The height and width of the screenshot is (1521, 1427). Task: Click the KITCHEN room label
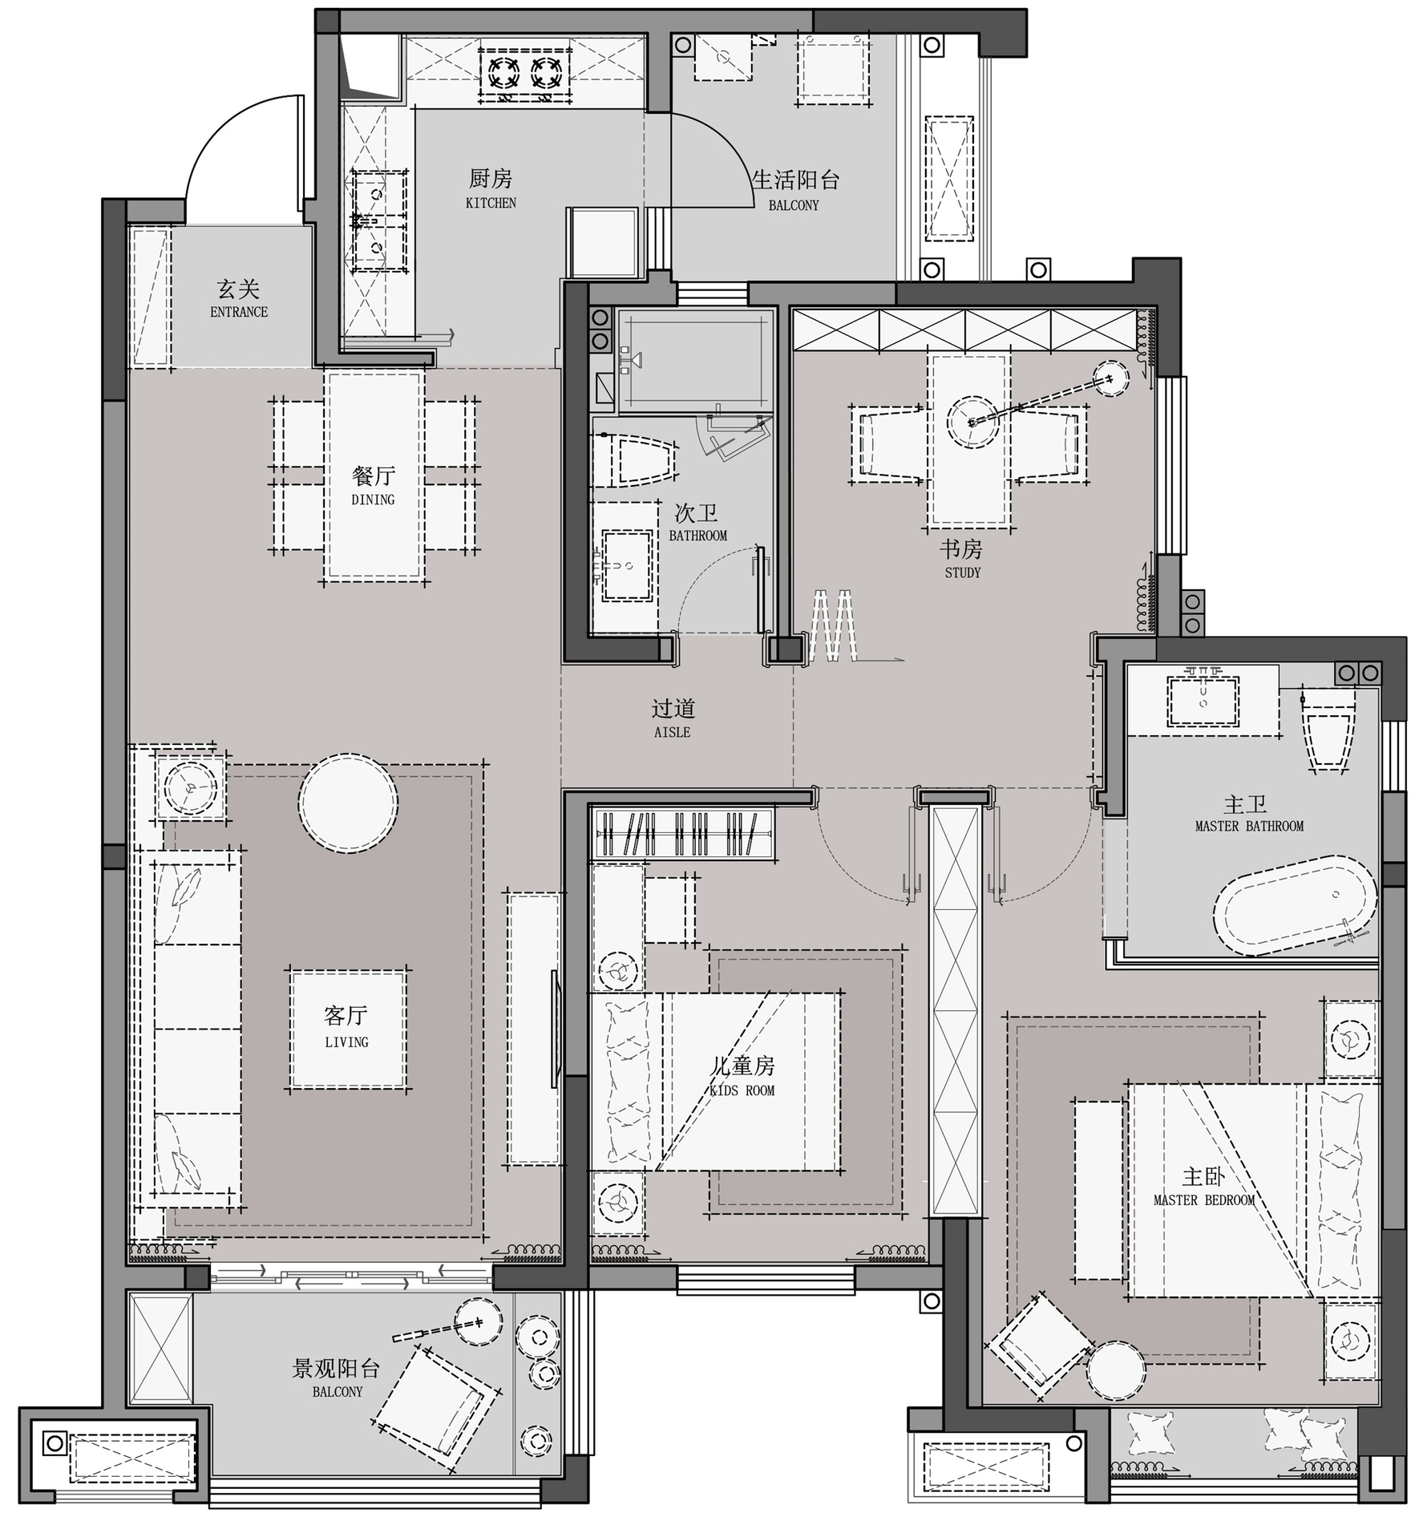tap(491, 204)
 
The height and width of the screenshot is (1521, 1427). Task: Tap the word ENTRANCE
tap(239, 312)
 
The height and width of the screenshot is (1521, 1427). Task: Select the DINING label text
tap(373, 500)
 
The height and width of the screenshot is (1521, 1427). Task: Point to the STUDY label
tap(962, 572)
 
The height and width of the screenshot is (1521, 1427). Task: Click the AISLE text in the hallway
tap(672, 732)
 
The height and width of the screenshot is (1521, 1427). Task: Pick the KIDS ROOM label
tap(742, 1090)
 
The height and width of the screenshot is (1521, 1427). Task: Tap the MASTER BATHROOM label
tap(1249, 826)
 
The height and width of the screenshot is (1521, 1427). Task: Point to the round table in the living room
tap(348, 803)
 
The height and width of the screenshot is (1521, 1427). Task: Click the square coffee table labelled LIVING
tap(347, 1030)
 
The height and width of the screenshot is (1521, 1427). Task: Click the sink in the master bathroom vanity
tap(1203, 700)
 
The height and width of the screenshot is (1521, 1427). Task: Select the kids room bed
tap(716, 1082)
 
